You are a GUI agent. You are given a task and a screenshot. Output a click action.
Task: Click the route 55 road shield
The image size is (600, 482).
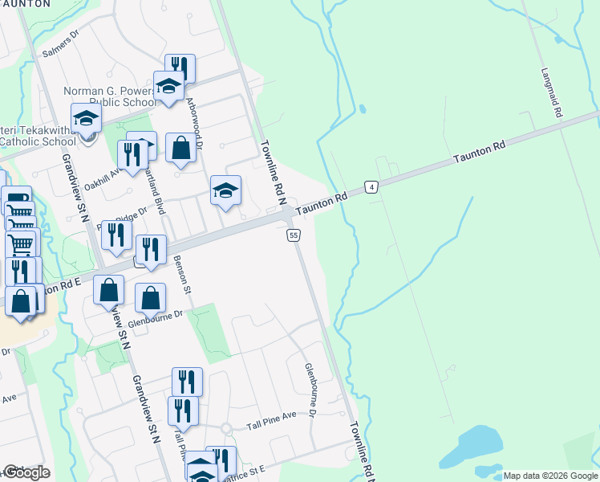coord(294,235)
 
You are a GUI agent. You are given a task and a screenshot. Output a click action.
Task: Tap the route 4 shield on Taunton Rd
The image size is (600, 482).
coord(371,187)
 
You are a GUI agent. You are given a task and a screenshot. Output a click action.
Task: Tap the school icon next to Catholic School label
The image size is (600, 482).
coord(86,118)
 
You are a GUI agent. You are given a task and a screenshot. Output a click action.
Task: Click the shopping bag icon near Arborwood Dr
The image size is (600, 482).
coord(181,148)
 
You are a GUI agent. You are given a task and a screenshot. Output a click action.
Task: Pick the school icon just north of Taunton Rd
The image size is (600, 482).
coord(225,190)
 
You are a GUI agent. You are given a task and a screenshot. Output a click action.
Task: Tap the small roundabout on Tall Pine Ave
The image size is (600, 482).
coord(227,427)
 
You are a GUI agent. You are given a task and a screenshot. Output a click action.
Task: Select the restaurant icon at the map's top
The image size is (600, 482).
coord(180,67)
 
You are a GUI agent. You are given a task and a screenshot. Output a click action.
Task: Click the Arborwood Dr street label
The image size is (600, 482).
coord(194,120)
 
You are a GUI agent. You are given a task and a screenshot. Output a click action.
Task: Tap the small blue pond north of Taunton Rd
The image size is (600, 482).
coord(363,108)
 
